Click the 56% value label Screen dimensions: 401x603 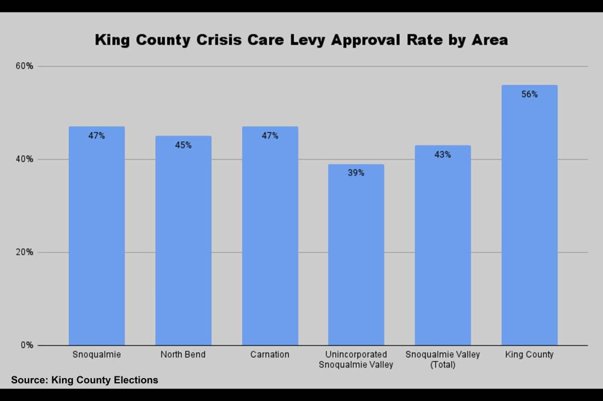[529, 94]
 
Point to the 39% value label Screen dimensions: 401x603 [356, 173]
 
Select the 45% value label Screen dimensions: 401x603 [183, 145]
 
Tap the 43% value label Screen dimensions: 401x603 [443, 155]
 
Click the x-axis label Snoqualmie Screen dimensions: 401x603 [97, 355]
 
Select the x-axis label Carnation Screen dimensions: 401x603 [270, 355]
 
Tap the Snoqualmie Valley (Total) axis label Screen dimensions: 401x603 [443, 359]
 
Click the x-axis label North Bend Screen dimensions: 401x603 [183, 355]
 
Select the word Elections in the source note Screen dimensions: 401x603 [135, 380]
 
